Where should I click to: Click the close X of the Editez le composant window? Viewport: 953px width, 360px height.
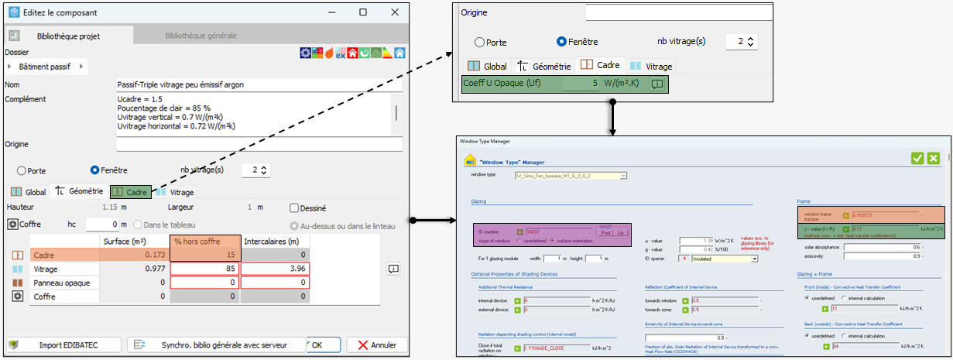394,12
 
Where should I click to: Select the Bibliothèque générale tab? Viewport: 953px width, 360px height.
201,36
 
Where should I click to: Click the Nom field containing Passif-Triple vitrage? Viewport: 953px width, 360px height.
259,84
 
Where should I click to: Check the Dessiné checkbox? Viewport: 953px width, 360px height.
294,207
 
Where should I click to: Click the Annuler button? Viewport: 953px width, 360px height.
376,345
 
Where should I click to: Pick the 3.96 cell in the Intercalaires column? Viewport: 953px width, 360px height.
275,269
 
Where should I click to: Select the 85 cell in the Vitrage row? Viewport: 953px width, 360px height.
205,269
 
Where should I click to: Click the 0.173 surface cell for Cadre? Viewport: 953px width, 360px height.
135,255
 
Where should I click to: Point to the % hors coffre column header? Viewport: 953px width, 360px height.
205,241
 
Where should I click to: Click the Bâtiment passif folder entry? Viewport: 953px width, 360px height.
44,67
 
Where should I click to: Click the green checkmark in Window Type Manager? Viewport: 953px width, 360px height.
917,158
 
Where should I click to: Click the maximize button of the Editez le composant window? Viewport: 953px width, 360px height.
363,12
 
